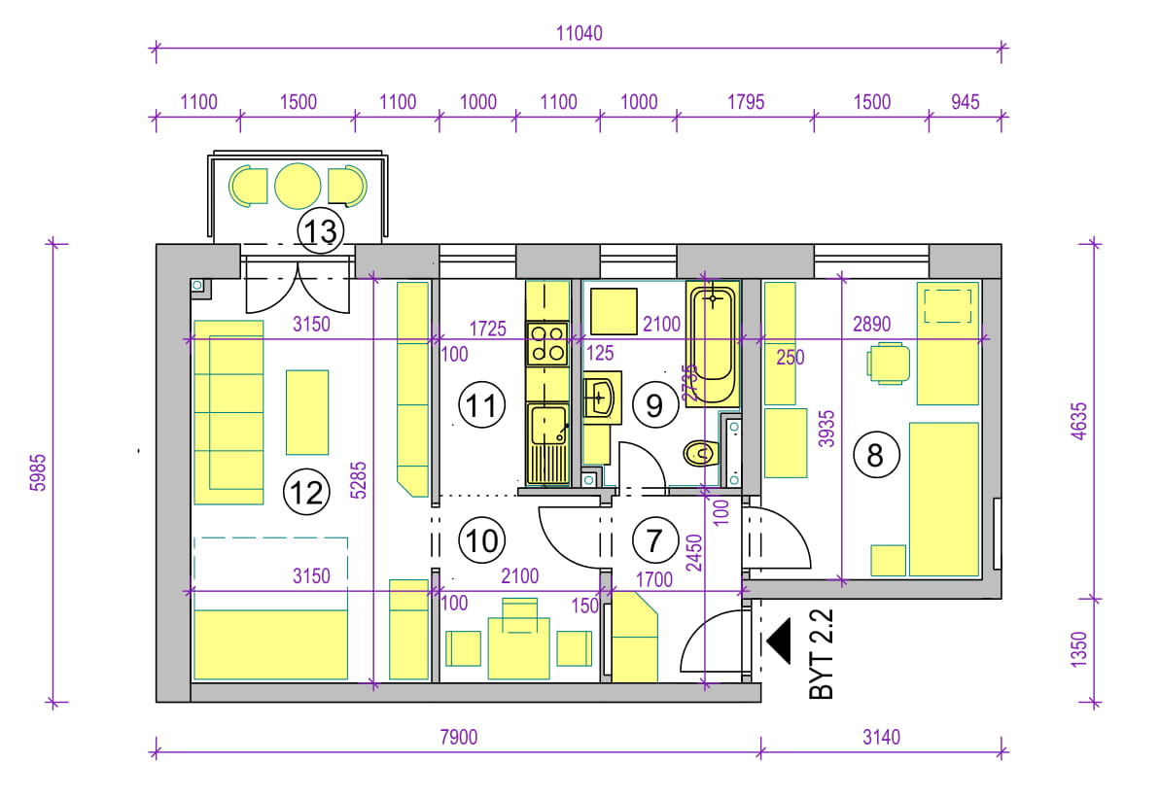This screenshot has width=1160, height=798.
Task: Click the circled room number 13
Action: pos(320,230)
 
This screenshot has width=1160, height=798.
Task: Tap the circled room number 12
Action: pos(307,493)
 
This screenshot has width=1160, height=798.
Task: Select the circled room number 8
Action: pos(876,455)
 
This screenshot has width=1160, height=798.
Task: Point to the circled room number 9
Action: pos(654,404)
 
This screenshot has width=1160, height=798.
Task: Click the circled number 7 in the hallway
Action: pos(654,540)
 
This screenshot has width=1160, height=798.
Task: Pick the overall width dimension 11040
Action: pos(580,33)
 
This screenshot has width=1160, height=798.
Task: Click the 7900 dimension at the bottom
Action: pos(459,738)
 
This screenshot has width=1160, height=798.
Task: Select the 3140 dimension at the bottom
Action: pos(881,738)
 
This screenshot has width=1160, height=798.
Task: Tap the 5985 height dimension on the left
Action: pos(39,472)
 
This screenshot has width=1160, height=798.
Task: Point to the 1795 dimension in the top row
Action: pos(745,102)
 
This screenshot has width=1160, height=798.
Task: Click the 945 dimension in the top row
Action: pos(965,102)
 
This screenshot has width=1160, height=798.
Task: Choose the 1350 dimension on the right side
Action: pos(1079,649)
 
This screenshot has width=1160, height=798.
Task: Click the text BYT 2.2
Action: pos(822,654)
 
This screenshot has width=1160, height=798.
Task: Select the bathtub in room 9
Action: pos(713,343)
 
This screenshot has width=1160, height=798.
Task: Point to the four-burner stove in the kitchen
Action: pos(547,344)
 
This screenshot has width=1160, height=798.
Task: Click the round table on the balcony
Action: pos(298,186)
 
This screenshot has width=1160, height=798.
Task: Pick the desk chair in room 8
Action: pos(888,364)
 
